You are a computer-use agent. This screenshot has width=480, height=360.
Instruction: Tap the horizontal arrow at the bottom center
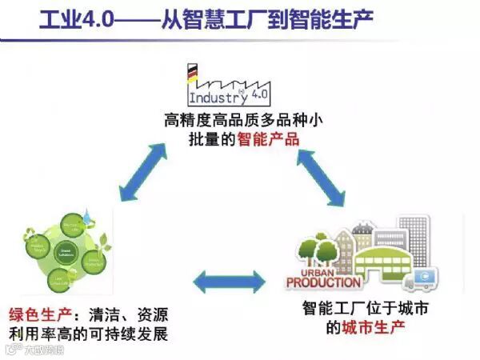(x=230, y=281)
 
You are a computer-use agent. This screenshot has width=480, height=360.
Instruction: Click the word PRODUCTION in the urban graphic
(x=323, y=282)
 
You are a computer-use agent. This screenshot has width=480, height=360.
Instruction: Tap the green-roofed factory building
(x=377, y=260)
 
